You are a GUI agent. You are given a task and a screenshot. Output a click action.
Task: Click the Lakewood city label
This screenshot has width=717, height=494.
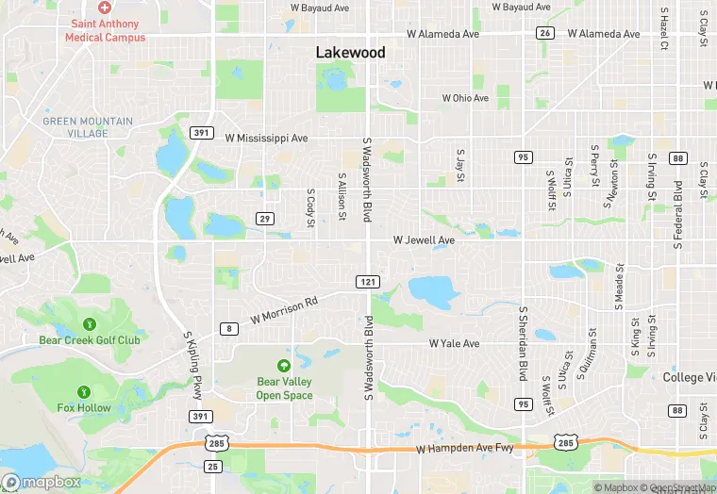(x=350, y=53)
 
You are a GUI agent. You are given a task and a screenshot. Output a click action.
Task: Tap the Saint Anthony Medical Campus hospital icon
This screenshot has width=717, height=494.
(x=105, y=8)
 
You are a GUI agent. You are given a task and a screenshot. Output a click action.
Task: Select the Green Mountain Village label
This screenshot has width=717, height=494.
(x=88, y=127)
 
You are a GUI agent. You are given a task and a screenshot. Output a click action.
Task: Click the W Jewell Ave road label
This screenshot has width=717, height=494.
(x=424, y=240)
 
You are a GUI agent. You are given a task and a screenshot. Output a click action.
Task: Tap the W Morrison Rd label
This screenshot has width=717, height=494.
(x=285, y=312)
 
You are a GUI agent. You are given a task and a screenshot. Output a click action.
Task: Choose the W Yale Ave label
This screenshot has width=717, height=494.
(x=454, y=344)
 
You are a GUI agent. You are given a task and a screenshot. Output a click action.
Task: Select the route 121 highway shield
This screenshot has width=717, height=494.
(x=368, y=282)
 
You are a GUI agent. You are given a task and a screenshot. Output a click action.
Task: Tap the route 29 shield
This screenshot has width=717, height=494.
(x=265, y=219)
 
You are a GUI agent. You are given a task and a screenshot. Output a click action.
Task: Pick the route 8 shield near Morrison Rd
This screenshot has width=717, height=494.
(x=228, y=328)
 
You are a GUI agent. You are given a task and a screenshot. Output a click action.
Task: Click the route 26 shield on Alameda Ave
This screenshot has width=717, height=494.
(x=544, y=33)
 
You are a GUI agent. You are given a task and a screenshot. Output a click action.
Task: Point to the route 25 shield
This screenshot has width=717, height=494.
(x=213, y=467)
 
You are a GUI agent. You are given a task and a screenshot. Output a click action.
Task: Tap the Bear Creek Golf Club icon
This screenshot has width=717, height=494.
(x=90, y=324)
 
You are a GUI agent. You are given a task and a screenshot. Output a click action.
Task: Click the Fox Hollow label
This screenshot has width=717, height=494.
(x=84, y=408)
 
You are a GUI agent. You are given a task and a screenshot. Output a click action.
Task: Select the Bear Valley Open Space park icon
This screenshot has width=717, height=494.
(x=284, y=366)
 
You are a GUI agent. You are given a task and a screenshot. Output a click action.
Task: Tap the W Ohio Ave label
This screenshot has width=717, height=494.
(x=466, y=98)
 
